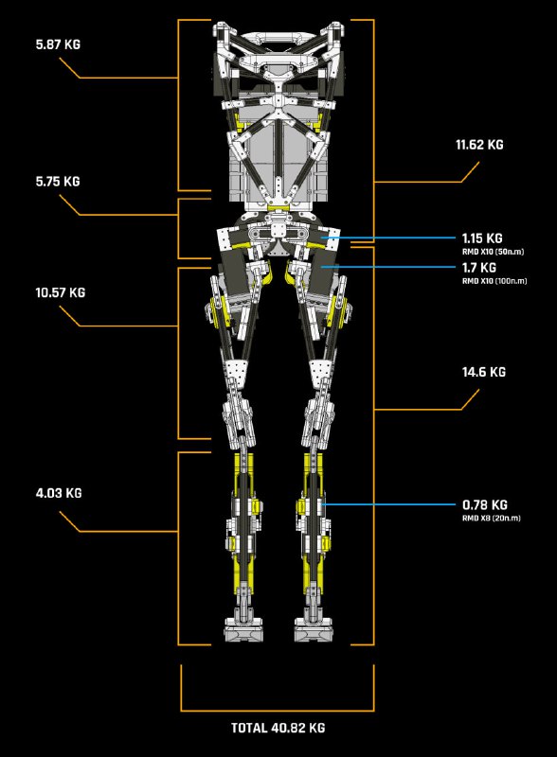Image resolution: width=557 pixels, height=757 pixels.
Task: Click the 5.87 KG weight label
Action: click(x=58, y=44)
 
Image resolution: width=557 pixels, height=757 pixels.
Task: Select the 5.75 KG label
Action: click(x=58, y=182)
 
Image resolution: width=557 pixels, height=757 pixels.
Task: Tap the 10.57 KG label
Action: click(x=60, y=292)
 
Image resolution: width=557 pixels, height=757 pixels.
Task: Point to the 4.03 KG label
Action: click(x=59, y=493)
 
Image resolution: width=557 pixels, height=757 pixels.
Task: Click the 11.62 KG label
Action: click(x=479, y=145)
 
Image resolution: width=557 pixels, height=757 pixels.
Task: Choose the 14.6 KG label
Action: click(x=483, y=372)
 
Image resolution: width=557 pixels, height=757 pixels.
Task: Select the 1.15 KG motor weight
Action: click(x=482, y=238)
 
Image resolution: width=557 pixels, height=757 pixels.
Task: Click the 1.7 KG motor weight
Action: click(x=478, y=268)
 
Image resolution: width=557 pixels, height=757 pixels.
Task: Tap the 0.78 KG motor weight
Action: click(x=484, y=505)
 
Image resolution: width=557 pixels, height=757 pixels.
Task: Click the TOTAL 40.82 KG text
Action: click(x=278, y=728)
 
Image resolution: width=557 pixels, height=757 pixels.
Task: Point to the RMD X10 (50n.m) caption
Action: click(x=493, y=252)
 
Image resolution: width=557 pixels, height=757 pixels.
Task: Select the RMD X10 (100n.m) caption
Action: click(x=494, y=280)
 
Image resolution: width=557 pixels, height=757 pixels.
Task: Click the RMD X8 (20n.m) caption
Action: click(x=492, y=518)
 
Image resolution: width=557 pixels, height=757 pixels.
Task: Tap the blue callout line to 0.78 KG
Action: click(x=388, y=505)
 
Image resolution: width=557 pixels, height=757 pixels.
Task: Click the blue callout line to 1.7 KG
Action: click(x=387, y=267)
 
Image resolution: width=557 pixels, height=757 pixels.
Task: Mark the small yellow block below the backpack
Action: click(x=278, y=207)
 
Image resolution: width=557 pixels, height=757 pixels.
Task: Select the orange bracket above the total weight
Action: click(x=278, y=711)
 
